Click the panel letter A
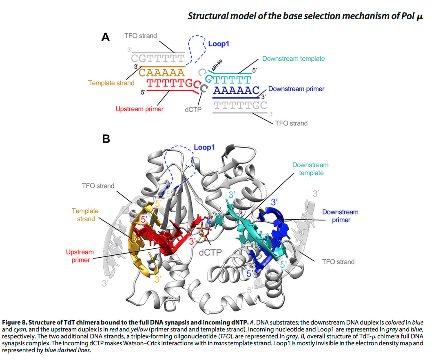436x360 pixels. tap(106, 38)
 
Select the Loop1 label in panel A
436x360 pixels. tap(219, 43)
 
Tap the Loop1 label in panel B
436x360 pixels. tap(204, 147)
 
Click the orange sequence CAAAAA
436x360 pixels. tap(162, 73)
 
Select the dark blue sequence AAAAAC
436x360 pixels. tap(236, 90)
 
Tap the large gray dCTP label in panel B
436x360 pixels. tap(210, 252)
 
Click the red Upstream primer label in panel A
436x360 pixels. tap(139, 109)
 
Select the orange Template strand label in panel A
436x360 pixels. tap(111, 83)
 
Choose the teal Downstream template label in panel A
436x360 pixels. tap(293, 59)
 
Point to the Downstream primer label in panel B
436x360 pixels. tap(340, 216)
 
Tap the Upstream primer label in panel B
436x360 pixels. tap(80, 256)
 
